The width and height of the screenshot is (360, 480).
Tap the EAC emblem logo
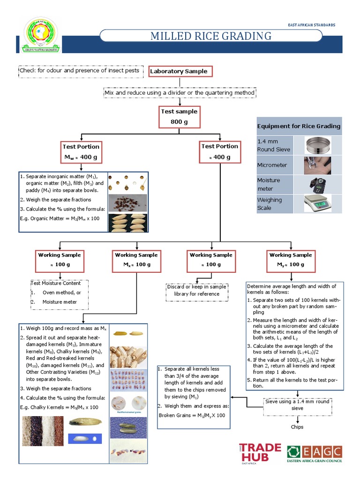pyautogui.click(x=41, y=35)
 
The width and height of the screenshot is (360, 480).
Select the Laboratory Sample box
pyautogui.click(x=178, y=71)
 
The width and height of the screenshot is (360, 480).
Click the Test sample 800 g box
pyautogui.click(x=179, y=117)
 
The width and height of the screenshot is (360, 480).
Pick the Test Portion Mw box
pyautogui.click(x=81, y=151)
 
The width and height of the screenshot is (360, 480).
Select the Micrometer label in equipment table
pyautogui.click(x=272, y=165)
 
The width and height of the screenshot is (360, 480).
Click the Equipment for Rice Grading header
pyautogui.click(x=299, y=126)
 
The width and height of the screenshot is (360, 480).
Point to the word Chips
pyautogui.click(x=297, y=427)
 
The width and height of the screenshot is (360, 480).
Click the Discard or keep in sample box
pyautogui.click(x=196, y=290)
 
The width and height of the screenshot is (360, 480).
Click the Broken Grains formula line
pyautogui.click(x=192, y=415)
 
